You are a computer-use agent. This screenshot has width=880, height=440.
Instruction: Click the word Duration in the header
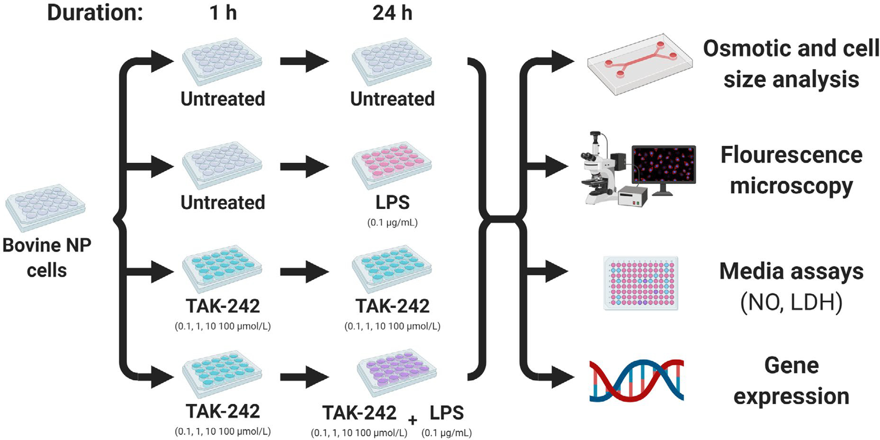tap(95, 13)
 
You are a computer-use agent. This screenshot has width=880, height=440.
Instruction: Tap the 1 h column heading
tap(223, 13)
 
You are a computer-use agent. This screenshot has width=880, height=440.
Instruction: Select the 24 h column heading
tap(392, 13)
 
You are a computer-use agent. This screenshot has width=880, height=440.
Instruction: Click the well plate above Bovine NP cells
tap(45, 207)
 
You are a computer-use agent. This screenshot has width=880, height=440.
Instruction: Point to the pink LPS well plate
tap(392, 165)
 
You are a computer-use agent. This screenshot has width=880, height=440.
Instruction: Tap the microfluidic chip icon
tap(639, 64)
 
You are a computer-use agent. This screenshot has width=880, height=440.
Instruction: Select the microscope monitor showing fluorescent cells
tap(664, 165)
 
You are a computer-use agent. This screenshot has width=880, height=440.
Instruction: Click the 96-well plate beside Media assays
tap(641, 283)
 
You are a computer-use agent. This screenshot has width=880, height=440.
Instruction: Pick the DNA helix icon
tap(636, 380)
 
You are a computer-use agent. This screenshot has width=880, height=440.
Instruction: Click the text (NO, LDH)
tap(791, 302)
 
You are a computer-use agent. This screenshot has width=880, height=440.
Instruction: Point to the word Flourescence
tap(791, 155)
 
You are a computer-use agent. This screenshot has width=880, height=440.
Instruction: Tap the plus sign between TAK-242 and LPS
tap(412, 420)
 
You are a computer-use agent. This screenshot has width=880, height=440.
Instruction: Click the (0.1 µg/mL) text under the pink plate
tap(392, 223)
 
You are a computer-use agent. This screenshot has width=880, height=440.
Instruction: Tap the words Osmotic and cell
tap(791, 48)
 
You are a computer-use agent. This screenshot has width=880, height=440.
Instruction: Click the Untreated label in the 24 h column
tap(392, 99)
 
